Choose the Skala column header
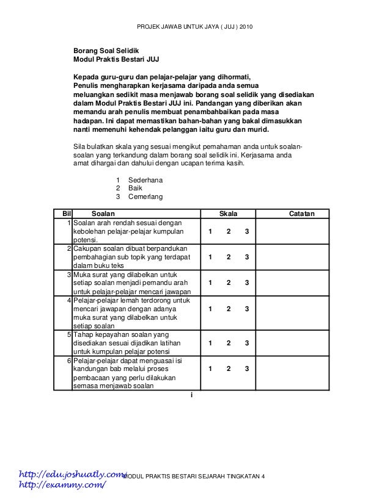(x=228, y=214)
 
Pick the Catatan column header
(x=302, y=214)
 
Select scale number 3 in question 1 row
(x=246, y=232)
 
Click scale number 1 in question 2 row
(x=209, y=257)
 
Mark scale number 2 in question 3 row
(x=228, y=283)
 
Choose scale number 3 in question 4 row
(x=246, y=309)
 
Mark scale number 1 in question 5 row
(x=209, y=344)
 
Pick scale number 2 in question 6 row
(x=228, y=369)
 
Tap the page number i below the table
(x=191, y=395)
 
